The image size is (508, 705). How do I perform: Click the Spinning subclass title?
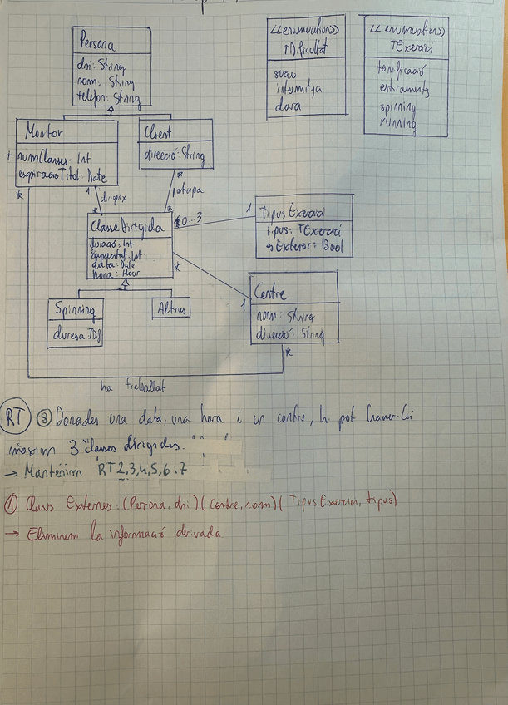click(x=75, y=311)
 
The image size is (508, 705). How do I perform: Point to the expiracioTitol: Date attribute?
click(x=63, y=175)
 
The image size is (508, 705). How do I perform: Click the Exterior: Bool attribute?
click(x=304, y=246)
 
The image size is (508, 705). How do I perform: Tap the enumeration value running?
click(x=397, y=125)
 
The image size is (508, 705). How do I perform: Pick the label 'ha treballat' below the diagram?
click(x=132, y=386)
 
